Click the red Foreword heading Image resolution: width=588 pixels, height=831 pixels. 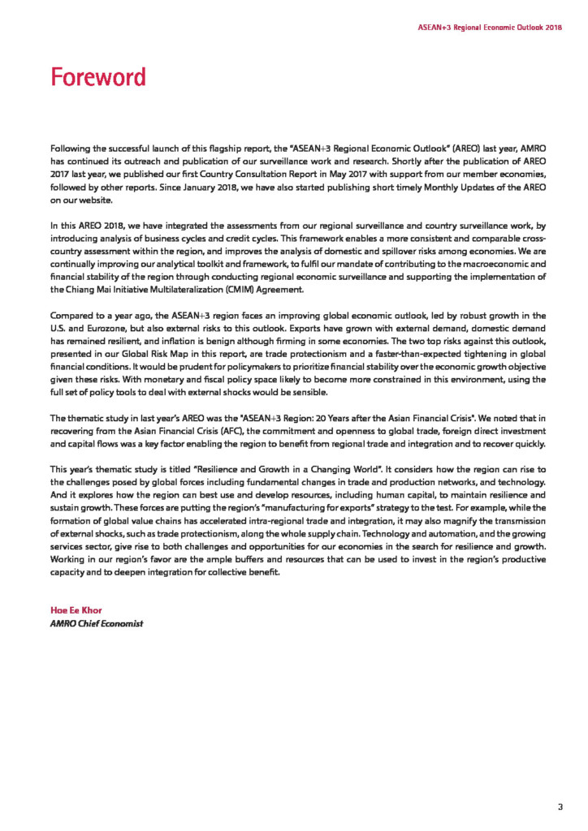point(97,77)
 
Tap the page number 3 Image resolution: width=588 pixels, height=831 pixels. point(560,806)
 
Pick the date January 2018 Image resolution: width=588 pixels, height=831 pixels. point(210,187)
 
